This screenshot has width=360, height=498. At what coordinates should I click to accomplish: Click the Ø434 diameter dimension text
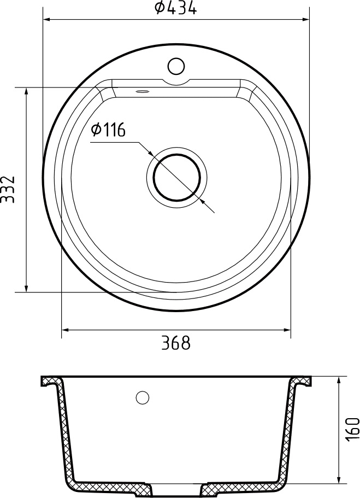175,8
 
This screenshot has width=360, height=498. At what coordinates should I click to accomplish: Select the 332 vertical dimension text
8,190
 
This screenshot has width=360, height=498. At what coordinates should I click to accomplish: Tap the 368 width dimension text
175,343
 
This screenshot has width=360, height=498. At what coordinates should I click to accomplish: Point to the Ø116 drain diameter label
109,130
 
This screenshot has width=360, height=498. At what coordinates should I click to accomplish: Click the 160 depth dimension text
352,429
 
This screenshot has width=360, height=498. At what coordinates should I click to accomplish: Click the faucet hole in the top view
176,66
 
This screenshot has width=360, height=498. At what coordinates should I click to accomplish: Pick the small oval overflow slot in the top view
143,92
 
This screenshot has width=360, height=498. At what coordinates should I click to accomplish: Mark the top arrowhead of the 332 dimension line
26,91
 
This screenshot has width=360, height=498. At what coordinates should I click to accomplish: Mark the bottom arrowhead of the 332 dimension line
26,288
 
